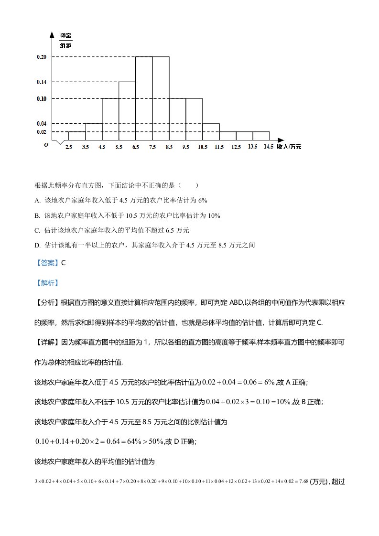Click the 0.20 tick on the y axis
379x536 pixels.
(x=42, y=57)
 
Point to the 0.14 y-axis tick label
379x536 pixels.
(x=42, y=82)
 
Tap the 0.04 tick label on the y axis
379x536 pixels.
(x=42, y=124)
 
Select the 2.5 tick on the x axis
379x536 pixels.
(x=69, y=147)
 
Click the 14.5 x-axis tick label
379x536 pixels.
(x=268, y=147)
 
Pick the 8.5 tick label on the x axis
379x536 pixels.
(x=169, y=147)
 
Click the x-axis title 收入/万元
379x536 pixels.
(x=289, y=147)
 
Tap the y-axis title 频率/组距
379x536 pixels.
(x=66, y=41)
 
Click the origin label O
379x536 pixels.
(x=46, y=144)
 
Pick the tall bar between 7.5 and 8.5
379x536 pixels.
(x=160, y=98)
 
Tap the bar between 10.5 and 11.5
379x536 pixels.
(x=210, y=132)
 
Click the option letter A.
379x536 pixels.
(x=37, y=200)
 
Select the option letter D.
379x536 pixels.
(x=37, y=246)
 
